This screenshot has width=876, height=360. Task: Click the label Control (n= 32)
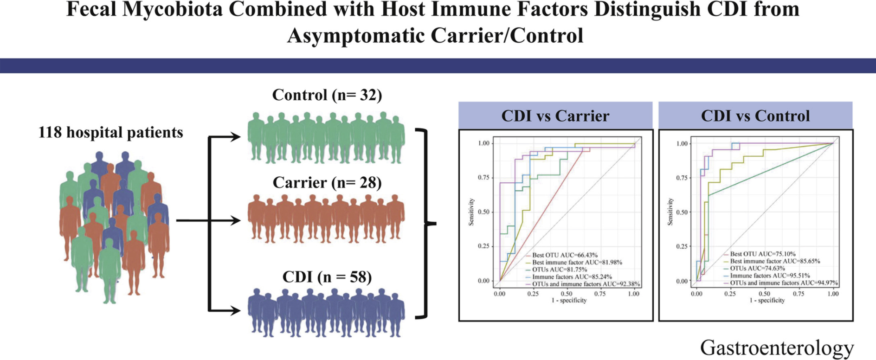(327, 95)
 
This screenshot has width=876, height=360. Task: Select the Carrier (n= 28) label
(327, 182)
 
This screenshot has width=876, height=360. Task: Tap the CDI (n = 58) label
(327, 277)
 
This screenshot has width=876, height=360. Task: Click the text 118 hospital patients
(110, 132)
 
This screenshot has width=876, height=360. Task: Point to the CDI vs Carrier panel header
(555, 116)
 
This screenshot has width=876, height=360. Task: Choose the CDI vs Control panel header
(755, 116)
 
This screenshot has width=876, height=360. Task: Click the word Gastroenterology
(777, 347)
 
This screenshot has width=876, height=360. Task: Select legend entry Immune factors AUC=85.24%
(572, 276)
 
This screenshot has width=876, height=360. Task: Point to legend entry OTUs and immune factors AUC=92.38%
(586, 284)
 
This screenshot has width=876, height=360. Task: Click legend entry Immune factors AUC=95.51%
(770, 276)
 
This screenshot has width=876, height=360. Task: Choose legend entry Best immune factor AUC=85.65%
(775, 261)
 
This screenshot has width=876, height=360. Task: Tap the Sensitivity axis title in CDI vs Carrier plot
(471, 212)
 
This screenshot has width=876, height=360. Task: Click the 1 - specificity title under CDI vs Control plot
(767, 300)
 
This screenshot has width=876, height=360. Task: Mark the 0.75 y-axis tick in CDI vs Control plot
(682, 178)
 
